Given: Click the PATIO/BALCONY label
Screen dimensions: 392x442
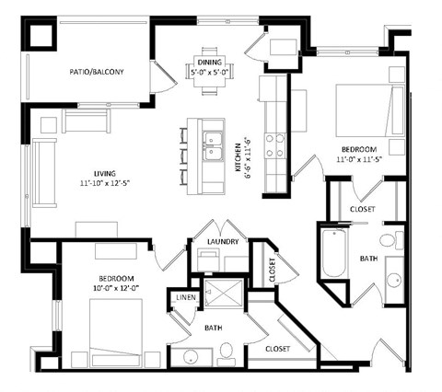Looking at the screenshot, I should pos(96,71).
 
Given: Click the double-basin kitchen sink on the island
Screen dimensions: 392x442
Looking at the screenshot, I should pos(214,147).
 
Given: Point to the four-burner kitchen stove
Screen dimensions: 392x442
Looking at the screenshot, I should pos(274,145).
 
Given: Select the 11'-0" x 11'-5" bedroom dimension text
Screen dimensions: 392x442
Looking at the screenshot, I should pos(360,159).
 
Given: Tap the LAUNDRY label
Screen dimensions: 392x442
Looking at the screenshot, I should pos(224,242).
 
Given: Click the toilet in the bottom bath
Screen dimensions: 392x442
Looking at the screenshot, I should pos(226,351).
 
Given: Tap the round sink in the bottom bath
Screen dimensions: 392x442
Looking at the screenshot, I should pos(192,357).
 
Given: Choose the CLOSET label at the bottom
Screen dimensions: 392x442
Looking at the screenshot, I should pos(278,349).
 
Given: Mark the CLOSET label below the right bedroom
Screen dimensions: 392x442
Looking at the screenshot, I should pos(362,209).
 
